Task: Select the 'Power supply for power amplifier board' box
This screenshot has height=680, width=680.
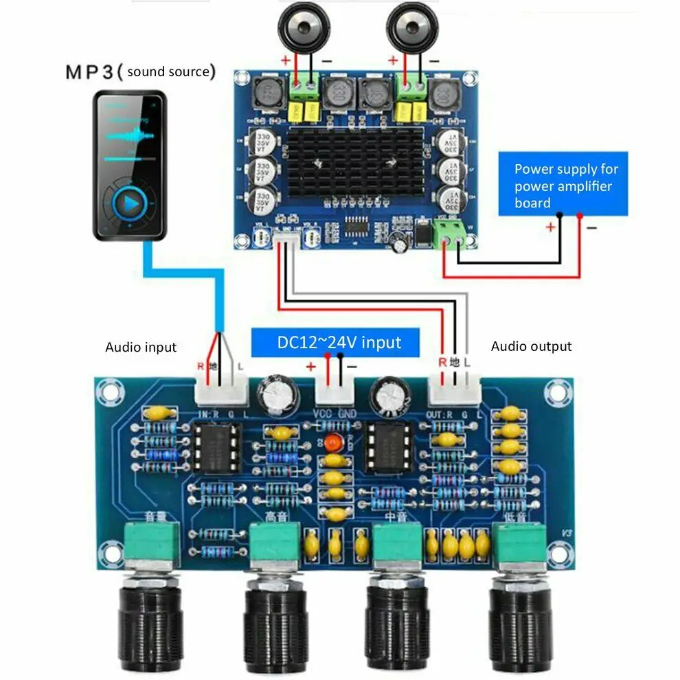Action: (x=563, y=185)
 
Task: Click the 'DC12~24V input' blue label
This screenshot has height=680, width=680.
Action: (x=335, y=341)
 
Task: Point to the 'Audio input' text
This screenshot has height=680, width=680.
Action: (x=141, y=348)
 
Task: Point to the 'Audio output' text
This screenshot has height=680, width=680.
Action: (x=531, y=347)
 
